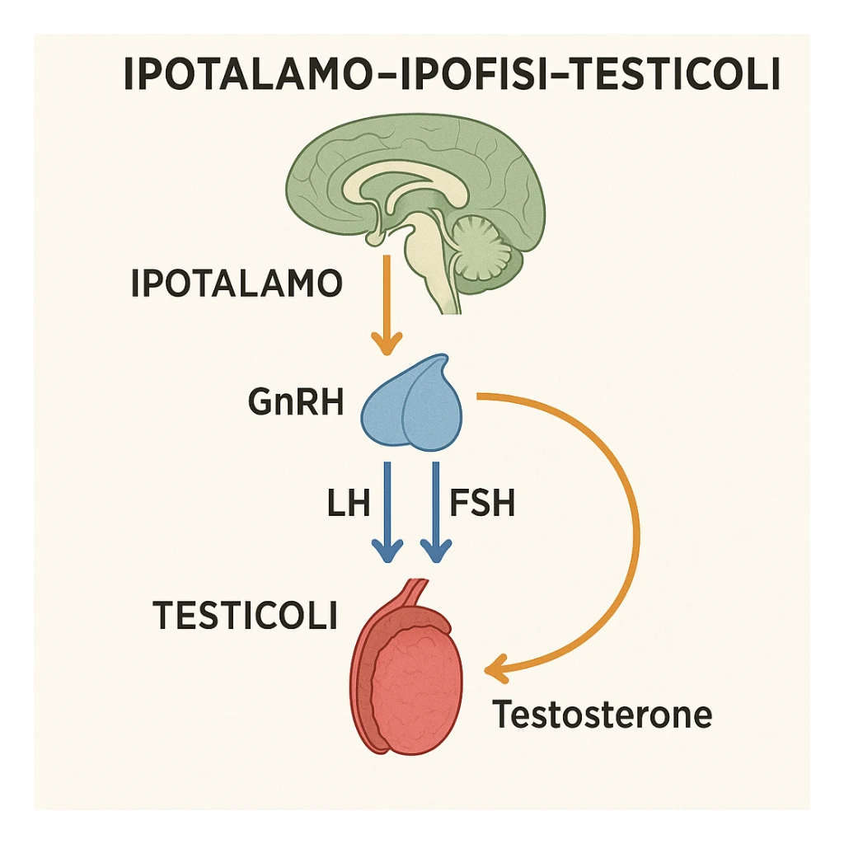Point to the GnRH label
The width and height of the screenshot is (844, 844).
click(x=295, y=404)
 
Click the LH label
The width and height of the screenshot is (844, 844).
click(x=348, y=503)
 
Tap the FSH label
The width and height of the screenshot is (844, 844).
click(x=482, y=503)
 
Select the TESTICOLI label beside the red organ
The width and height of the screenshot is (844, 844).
click(x=246, y=616)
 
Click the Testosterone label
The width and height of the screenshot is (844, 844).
click(x=602, y=715)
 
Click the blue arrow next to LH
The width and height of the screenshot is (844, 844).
click(x=386, y=511)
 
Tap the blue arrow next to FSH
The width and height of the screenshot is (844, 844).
click(x=435, y=511)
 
